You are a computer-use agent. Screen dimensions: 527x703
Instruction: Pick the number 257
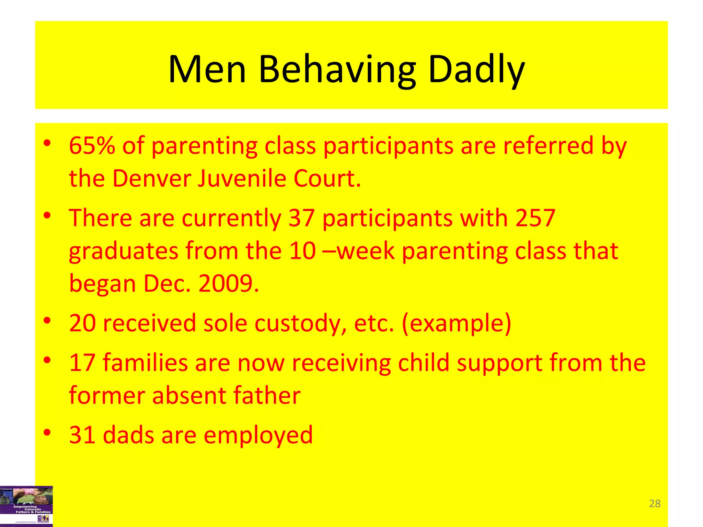click(x=535, y=218)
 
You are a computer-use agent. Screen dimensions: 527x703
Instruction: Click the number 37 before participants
click(x=301, y=218)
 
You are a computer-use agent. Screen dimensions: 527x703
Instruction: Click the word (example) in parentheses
click(x=457, y=324)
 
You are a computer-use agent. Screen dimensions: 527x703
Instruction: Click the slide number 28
click(x=655, y=503)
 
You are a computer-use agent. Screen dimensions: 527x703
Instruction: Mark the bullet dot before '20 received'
click(x=47, y=320)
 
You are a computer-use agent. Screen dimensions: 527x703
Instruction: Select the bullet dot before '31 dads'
click(x=47, y=432)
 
